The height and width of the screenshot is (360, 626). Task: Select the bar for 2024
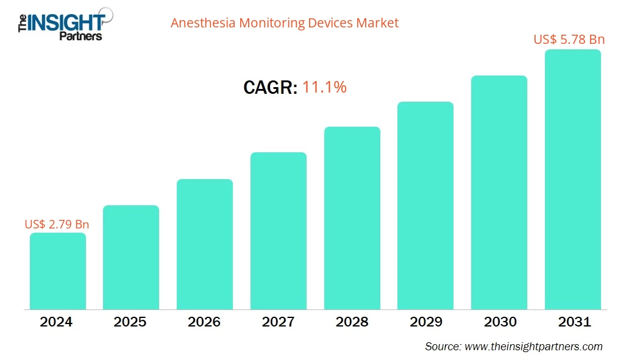click(x=58, y=271)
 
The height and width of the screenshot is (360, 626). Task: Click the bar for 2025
click(x=131, y=257)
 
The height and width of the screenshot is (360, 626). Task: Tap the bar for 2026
click(x=205, y=244)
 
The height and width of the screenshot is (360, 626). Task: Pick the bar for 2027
click(x=279, y=231)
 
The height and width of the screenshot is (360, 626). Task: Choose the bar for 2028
click(x=352, y=218)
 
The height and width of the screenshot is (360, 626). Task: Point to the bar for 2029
click(x=425, y=205)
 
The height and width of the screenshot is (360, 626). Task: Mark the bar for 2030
click(x=499, y=192)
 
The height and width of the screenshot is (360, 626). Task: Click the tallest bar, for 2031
click(x=573, y=180)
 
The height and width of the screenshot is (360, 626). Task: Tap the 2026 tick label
click(x=205, y=322)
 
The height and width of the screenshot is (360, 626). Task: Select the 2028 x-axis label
click(x=352, y=322)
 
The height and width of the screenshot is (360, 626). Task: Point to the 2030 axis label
click(x=499, y=322)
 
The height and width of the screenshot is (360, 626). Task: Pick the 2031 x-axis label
click(x=573, y=322)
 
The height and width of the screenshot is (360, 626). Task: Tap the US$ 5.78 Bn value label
click(x=569, y=40)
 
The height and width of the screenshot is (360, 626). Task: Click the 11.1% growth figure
click(x=325, y=88)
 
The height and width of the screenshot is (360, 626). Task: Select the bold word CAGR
click(x=270, y=88)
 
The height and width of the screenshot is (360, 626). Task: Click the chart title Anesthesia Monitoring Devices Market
click(x=285, y=23)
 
